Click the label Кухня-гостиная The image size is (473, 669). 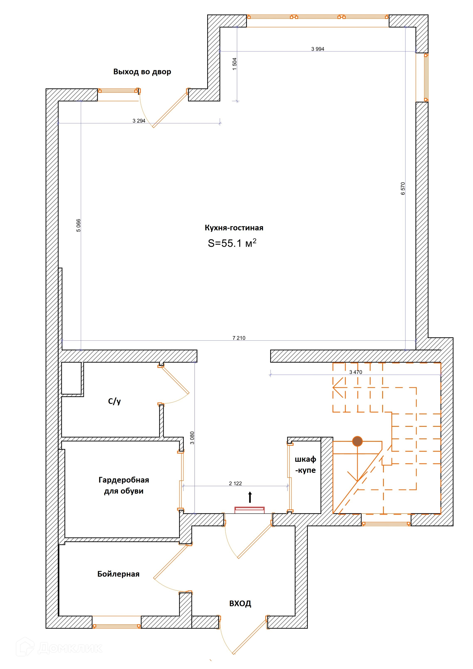tap(234, 228)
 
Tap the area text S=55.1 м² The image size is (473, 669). tap(232, 243)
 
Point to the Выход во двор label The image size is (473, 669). tap(142, 72)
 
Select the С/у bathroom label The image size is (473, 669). tap(115, 402)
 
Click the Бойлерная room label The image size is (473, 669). tap(118, 574)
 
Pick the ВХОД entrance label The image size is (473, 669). tap(240, 603)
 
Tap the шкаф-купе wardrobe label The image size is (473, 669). tap(305, 465)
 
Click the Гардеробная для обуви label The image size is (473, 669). tap(124, 485)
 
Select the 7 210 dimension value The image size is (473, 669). tap(239, 338)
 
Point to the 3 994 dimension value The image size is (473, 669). tap(318, 49)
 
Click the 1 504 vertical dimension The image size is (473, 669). tap(235, 64)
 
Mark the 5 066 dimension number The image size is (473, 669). tap(79, 225)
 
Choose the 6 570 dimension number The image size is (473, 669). tap(403, 189)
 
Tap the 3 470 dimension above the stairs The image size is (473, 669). tap(356, 372)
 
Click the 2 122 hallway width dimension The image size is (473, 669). tap(235, 483)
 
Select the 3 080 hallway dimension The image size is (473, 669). tap(192, 438)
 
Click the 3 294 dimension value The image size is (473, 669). tap(139, 121)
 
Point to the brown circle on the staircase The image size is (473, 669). tap(357, 441)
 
